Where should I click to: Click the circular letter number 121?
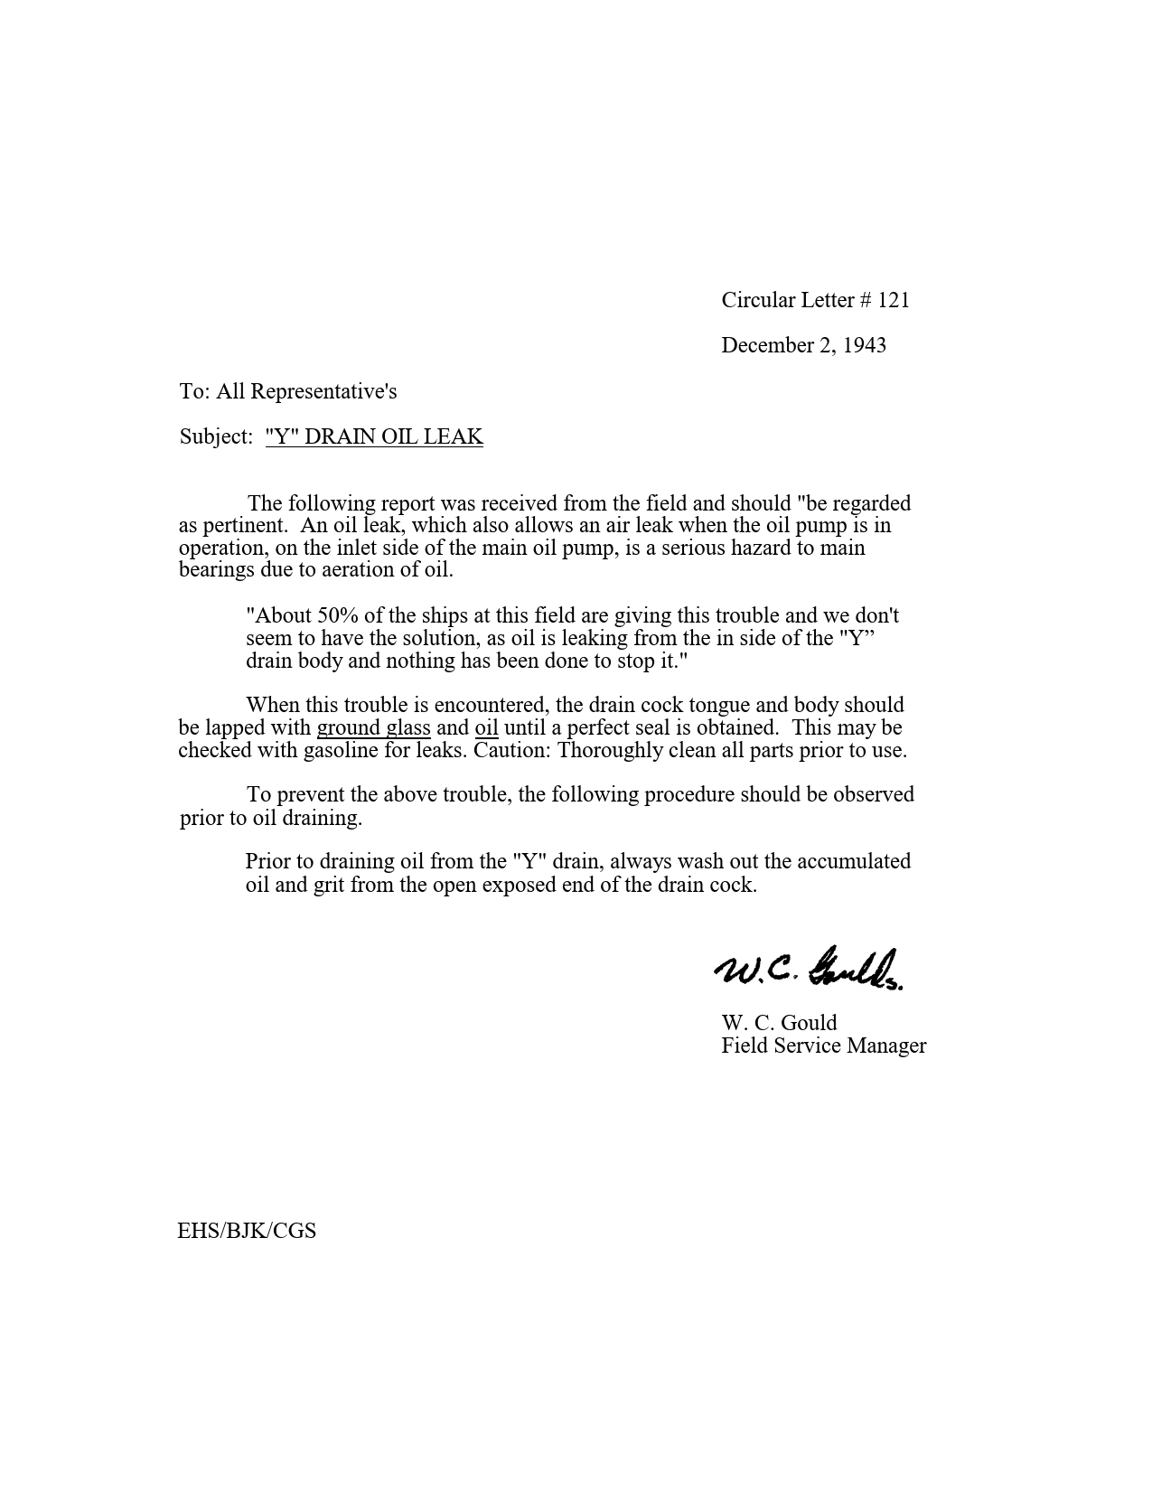coord(893,300)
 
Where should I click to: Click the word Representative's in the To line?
coord(323,391)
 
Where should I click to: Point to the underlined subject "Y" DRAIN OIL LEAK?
coord(374,436)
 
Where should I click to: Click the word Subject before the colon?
coord(212,436)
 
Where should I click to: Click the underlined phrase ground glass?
coord(373,727)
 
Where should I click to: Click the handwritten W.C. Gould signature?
coord(810,969)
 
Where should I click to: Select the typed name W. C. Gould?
coord(779,1023)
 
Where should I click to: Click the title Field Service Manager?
coord(823,1046)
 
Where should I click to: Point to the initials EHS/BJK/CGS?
coord(247,1231)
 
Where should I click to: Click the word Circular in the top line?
coord(758,300)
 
